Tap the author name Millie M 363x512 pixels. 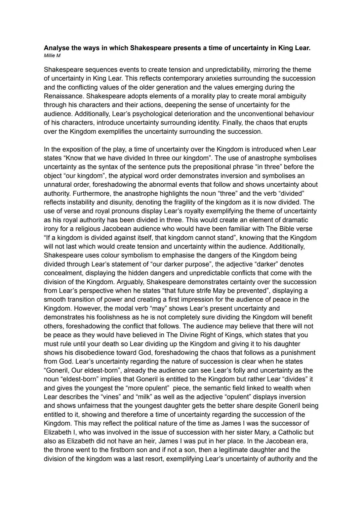click(x=52, y=56)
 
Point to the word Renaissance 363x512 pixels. click(x=64, y=96)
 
